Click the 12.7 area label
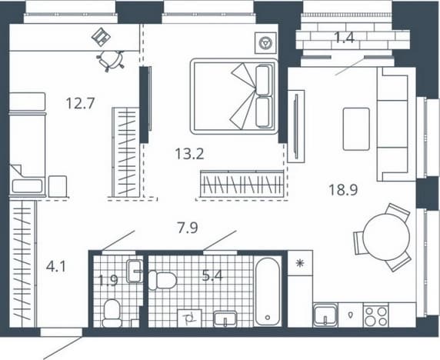(81, 103)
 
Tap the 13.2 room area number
(189, 154)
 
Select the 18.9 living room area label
(343, 190)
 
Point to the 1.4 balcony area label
(345, 38)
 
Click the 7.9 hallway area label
(188, 228)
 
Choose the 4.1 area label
(56, 266)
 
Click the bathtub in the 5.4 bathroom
(268, 291)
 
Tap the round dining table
(385, 237)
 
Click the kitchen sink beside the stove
(325, 315)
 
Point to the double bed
(234, 96)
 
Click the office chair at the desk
(111, 61)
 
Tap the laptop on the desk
(101, 36)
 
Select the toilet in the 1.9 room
(112, 313)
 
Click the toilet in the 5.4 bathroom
(162, 280)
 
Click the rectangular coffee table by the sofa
(356, 129)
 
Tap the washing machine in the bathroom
(189, 318)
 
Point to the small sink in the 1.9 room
(135, 272)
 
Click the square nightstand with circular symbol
(265, 43)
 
